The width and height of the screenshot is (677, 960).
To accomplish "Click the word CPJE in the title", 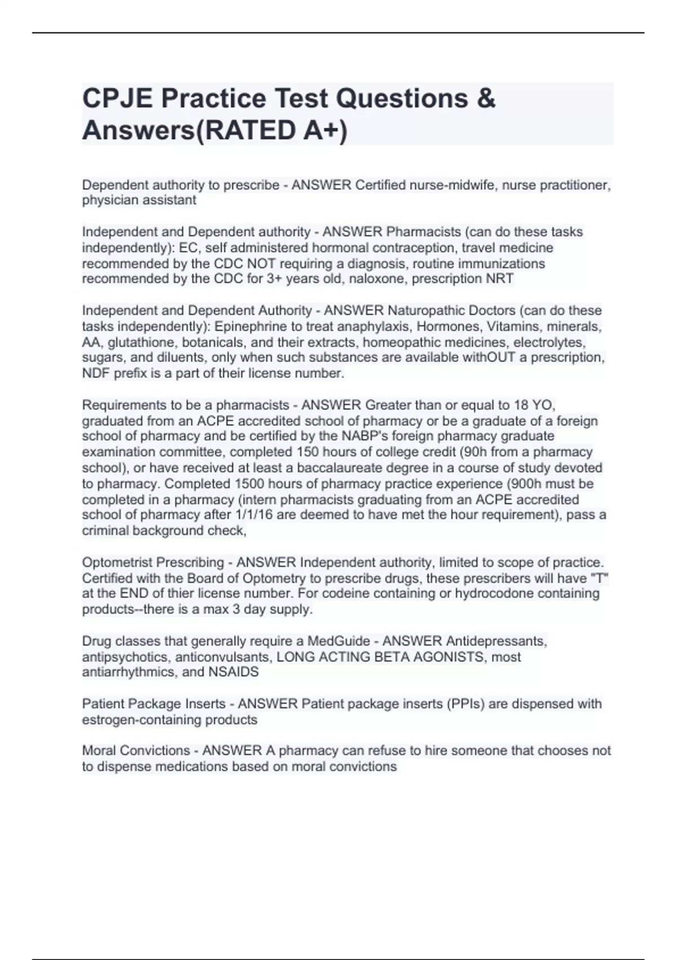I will click(117, 99).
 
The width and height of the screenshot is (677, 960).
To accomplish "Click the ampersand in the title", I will click(485, 99).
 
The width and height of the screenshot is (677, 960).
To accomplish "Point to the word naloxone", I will click(378, 279).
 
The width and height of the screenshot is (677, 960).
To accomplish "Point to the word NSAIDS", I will click(234, 672).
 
